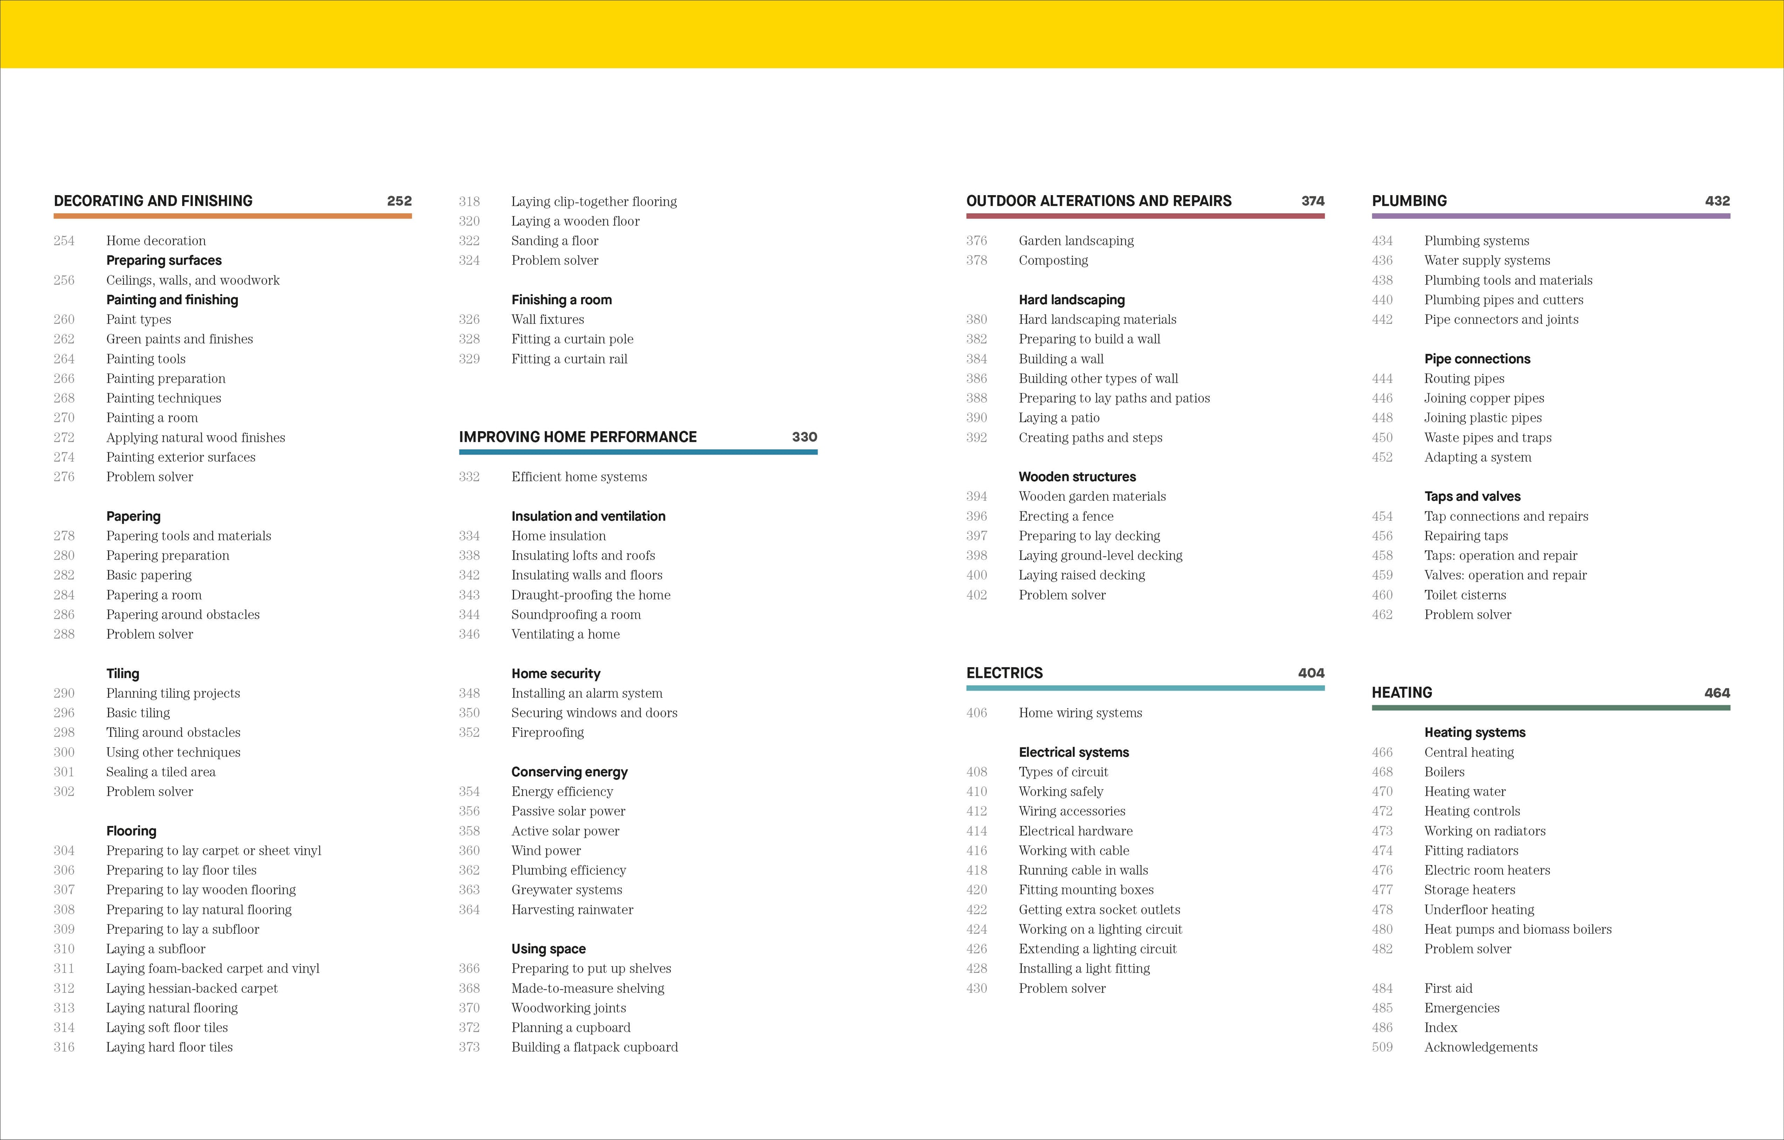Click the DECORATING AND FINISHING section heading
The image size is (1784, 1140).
(153, 201)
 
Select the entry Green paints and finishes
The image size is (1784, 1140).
(179, 339)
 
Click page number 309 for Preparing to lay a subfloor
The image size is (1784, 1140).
(64, 929)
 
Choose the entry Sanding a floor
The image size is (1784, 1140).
(554, 241)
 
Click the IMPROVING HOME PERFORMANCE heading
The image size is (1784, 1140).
(578, 437)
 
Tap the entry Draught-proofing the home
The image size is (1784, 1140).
(590, 595)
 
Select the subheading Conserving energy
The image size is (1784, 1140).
(569, 772)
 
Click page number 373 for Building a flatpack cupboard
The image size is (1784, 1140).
(469, 1047)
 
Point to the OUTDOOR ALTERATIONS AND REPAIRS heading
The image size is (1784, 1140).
(1099, 201)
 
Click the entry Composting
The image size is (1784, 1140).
(1053, 260)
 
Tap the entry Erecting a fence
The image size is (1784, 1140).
(1065, 516)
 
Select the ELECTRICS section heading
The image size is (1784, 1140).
(1004, 673)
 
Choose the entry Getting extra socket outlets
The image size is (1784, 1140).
(1099, 910)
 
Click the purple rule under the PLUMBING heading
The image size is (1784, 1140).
(1551, 216)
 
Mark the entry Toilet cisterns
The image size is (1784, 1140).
(1465, 595)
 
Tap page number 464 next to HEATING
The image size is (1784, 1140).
(1717, 693)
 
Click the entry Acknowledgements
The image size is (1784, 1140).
(1480, 1047)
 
